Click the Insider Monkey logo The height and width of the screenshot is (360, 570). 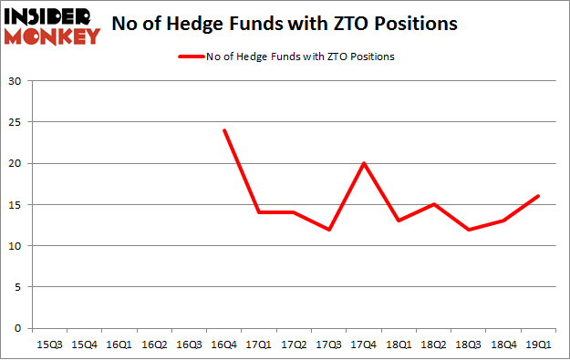(52, 25)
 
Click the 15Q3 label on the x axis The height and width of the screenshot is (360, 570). (49, 345)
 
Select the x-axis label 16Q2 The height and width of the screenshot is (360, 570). (154, 345)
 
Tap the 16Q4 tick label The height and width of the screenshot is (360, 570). (224, 345)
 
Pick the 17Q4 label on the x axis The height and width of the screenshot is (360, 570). (365, 345)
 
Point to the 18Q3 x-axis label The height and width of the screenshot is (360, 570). (470, 345)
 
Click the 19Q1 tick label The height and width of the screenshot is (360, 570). (539, 345)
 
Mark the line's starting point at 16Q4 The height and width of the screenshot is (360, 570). (223, 130)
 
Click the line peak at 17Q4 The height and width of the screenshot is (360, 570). (364, 163)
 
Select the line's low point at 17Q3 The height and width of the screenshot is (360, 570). (328, 230)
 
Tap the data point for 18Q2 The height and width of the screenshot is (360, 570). (434, 204)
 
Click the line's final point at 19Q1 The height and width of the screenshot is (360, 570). (539, 196)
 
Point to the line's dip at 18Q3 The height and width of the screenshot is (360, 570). (469, 230)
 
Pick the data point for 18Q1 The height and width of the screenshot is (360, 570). (399, 221)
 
